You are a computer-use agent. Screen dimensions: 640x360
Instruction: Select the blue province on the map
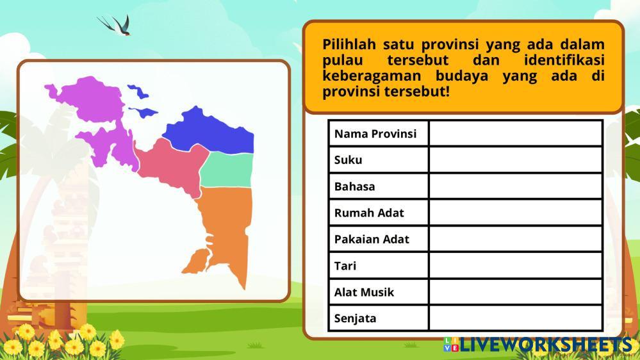(212, 131)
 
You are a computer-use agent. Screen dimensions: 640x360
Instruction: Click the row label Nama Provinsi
(375, 134)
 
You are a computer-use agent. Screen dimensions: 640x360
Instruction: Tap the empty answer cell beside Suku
(516, 160)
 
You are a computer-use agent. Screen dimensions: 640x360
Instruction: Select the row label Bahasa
(354, 186)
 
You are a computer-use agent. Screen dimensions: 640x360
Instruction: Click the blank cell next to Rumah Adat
(516, 212)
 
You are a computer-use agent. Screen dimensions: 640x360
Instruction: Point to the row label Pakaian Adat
(372, 239)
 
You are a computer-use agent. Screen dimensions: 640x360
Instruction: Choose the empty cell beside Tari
(516, 265)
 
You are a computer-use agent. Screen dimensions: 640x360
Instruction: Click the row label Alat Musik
(364, 292)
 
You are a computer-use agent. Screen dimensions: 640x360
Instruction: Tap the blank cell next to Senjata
(516, 318)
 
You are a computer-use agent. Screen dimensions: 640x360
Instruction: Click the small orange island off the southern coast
(196, 262)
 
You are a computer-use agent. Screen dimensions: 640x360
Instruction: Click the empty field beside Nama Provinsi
(516, 133)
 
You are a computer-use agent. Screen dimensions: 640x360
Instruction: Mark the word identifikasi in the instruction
(564, 60)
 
